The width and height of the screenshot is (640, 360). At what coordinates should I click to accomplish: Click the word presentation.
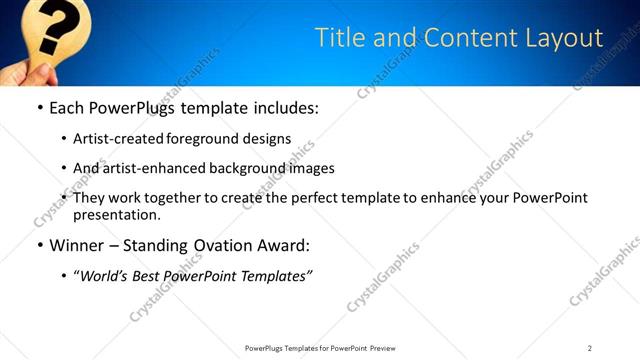tap(117, 214)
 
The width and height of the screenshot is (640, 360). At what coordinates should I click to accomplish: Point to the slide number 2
tap(589, 348)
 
